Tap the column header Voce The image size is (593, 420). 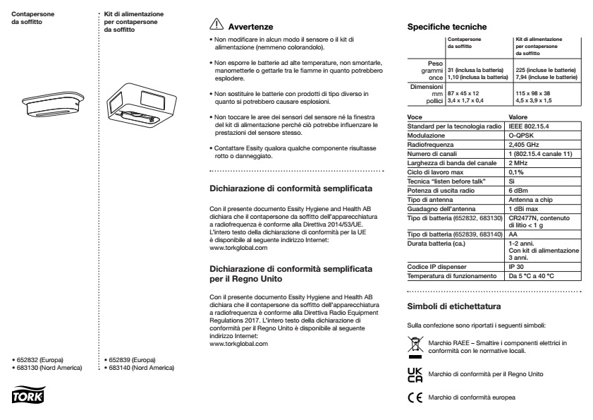tap(416, 116)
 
